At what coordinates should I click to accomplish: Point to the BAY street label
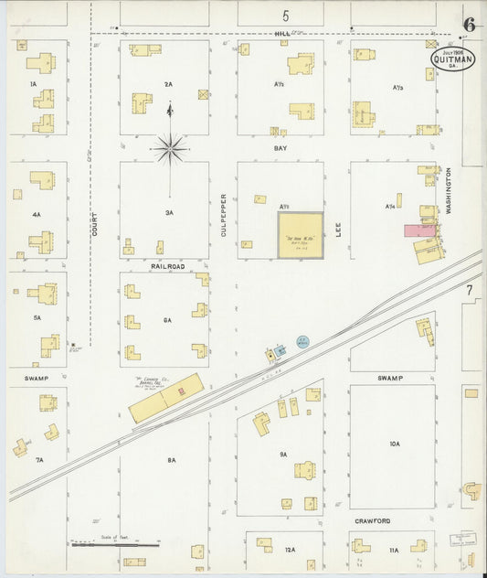point(281,146)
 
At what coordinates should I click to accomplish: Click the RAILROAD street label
point(167,265)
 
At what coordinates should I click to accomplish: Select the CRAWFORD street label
point(373,520)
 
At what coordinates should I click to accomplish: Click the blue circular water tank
point(302,341)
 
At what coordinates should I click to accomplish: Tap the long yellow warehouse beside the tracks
point(166,397)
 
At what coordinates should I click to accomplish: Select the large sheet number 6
point(469,25)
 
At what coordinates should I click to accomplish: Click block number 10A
point(395,444)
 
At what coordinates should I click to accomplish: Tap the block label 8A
point(171,460)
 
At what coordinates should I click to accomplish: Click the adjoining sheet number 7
point(470,290)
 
